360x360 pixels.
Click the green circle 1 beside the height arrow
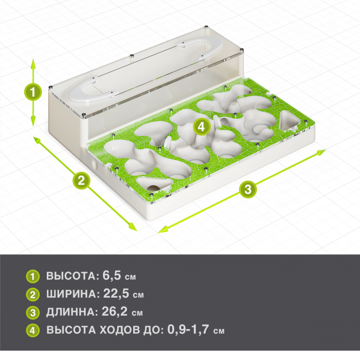(x=33, y=92)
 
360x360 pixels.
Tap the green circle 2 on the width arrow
(x=81, y=181)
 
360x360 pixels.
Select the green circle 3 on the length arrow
(x=248, y=190)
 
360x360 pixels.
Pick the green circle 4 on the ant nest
(x=202, y=127)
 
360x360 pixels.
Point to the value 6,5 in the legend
(x=112, y=275)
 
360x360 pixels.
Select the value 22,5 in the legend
(x=116, y=294)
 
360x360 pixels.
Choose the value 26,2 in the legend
(x=115, y=311)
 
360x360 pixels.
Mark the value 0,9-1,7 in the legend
(x=188, y=329)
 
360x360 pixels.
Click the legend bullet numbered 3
(x=33, y=313)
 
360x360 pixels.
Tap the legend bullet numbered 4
(x=33, y=330)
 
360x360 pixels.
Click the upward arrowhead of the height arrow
(x=33, y=63)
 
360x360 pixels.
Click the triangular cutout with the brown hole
(x=154, y=184)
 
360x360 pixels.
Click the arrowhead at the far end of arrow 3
(x=321, y=152)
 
